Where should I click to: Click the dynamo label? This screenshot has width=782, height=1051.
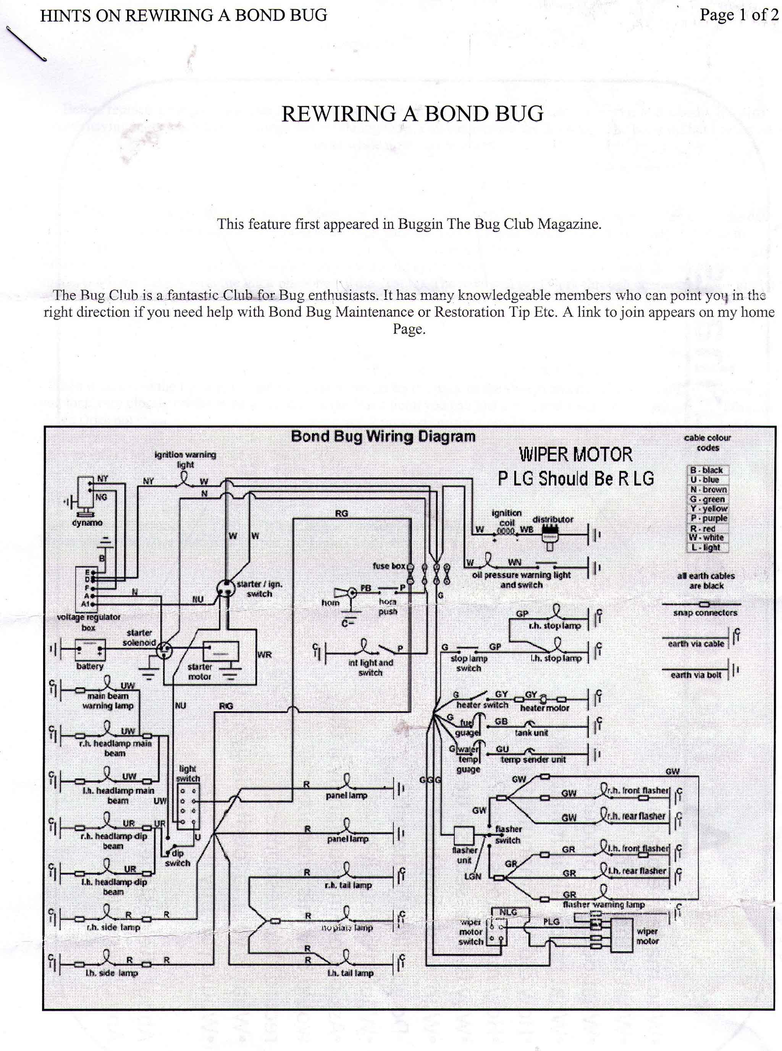point(87,522)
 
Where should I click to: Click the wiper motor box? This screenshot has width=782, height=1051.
point(622,935)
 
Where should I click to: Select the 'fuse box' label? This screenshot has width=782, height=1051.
point(389,566)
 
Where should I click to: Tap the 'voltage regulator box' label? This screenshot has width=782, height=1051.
point(89,622)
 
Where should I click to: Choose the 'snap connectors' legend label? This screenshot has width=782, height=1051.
point(705,613)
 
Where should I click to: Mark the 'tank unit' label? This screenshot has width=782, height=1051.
point(531,733)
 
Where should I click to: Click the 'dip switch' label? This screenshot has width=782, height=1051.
point(178,858)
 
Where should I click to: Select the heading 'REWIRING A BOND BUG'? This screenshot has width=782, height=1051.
point(412,114)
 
